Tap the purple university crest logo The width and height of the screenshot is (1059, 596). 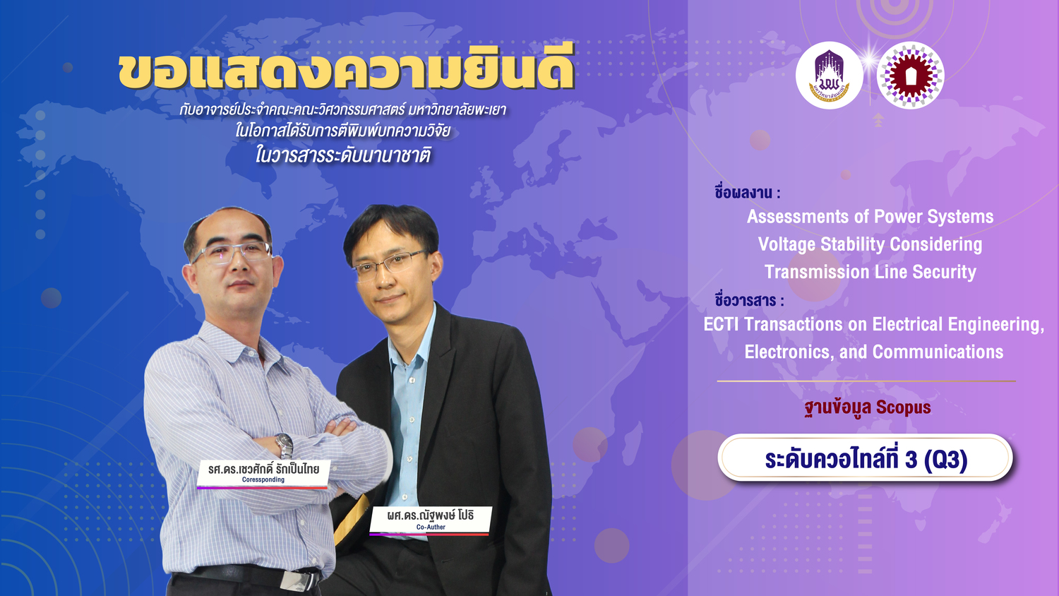830,76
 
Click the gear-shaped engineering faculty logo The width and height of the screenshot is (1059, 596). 911,76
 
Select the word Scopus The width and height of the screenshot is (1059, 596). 903,407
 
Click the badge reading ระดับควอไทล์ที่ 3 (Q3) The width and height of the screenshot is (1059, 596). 865,458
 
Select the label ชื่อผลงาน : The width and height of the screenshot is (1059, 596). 748,193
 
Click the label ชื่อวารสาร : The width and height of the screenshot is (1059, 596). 749,300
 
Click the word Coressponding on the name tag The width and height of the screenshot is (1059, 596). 263,479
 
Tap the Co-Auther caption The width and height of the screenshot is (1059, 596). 431,527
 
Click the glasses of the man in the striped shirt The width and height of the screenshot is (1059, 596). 232,253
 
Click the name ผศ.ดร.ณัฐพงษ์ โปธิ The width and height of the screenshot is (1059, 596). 430,515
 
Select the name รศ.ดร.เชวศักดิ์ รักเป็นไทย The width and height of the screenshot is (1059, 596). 263,469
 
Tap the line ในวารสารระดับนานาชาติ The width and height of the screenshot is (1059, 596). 342,155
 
